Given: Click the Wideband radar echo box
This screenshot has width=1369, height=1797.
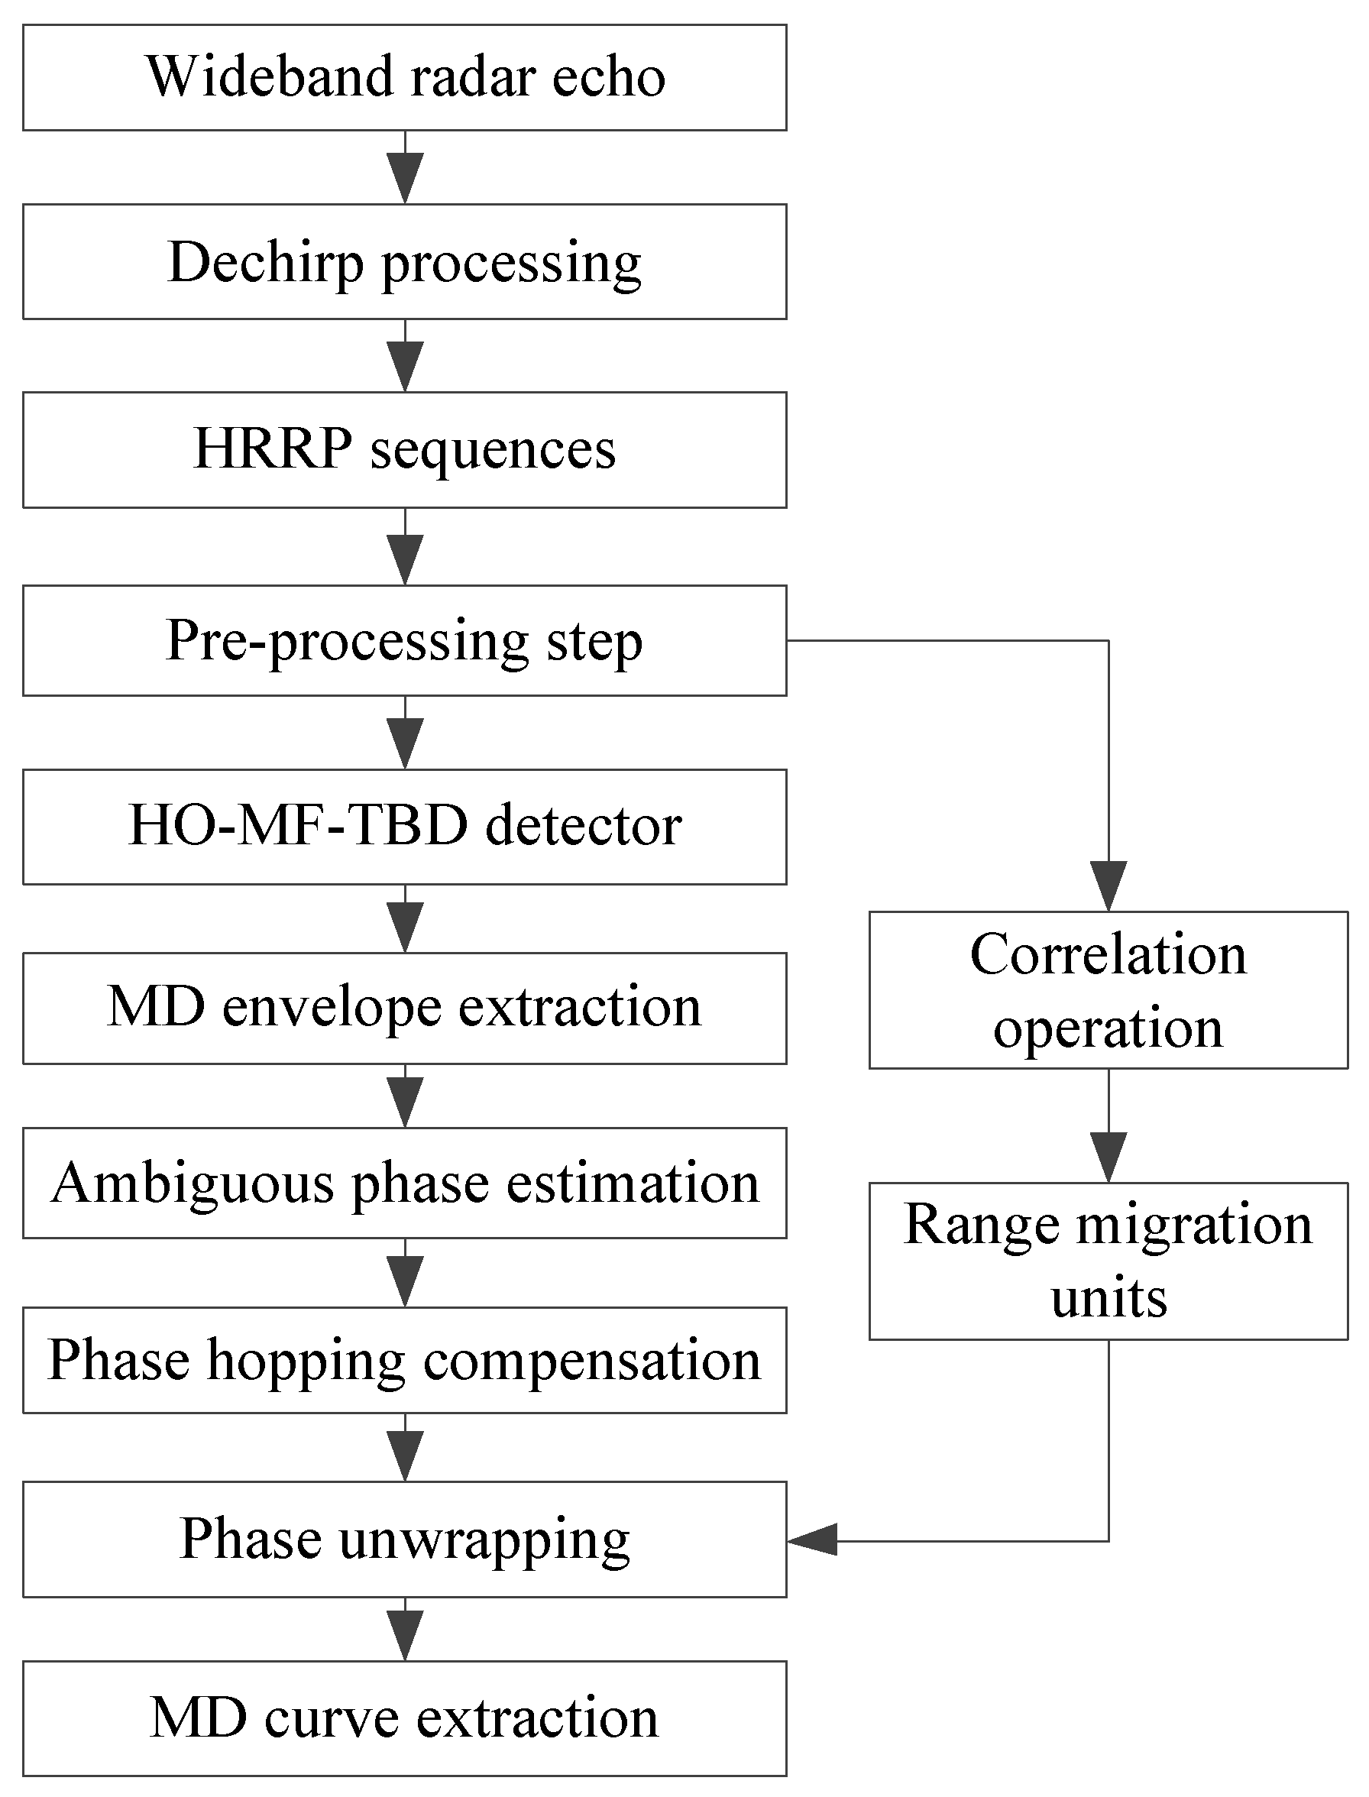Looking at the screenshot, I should click(x=404, y=77).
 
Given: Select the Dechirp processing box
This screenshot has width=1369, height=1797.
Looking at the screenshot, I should click(x=404, y=261).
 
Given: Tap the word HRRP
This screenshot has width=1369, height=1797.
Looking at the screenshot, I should click(x=272, y=449).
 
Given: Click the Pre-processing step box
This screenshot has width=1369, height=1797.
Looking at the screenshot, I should click(x=404, y=640).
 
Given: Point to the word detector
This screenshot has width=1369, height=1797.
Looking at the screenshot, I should click(x=584, y=827).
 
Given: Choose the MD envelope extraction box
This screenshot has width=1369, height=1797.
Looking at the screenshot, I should click(x=404, y=1008).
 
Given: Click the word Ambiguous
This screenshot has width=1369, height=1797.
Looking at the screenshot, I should click(x=193, y=1183).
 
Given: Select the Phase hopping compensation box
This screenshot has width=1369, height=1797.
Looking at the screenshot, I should click(x=404, y=1360).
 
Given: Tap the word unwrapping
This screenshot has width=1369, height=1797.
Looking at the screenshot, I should click(x=484, y=1540).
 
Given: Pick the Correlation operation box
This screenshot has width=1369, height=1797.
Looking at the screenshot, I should click(x=1108, y=990).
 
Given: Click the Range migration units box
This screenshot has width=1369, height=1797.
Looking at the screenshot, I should click(x=1108, y=1261).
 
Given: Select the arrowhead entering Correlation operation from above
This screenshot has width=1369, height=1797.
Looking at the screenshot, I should click(x=1108, y=885).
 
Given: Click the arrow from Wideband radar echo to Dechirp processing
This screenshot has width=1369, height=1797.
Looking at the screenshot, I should click(x=405, y=168).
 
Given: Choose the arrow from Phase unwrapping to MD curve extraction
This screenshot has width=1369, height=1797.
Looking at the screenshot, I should click(x=405, y=1629).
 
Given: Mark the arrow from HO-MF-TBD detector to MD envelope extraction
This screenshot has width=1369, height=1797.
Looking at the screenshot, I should click(x=405, y=919).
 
